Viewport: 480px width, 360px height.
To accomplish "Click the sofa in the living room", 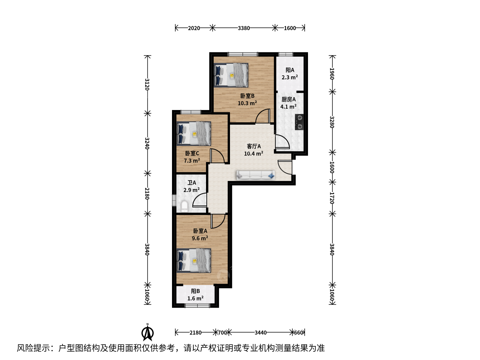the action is pos(256,175).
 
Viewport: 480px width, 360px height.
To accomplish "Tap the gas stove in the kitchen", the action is pos(299,122).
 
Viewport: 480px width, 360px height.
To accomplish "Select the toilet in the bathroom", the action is pos(184,207).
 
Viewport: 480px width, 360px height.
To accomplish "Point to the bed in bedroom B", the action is pos(231,75).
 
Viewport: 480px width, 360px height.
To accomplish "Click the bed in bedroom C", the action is pos(194,134).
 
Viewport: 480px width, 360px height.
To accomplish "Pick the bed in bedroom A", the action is pos(194,261).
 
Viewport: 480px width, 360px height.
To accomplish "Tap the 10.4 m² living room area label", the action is pos(253,153).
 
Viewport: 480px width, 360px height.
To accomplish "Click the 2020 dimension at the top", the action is pos(194,28).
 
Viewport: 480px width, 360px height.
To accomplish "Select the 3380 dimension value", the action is pos(244,28).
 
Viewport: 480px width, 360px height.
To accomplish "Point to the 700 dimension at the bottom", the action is pos(222,332).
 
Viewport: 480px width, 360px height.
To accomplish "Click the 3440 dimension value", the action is pos(261,332).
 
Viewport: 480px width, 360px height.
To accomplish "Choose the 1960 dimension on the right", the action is pos(332,74).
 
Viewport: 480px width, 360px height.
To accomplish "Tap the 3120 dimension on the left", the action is pos(147,84).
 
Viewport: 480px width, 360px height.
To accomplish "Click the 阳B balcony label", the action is pos(195,291).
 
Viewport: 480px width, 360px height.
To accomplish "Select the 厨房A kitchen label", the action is pos(289,99).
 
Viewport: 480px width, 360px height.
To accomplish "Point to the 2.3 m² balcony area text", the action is pos(290,77).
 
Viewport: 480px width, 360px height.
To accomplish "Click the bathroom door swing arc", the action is pos(197,197).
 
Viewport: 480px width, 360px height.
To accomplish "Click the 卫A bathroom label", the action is pos(192,183).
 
